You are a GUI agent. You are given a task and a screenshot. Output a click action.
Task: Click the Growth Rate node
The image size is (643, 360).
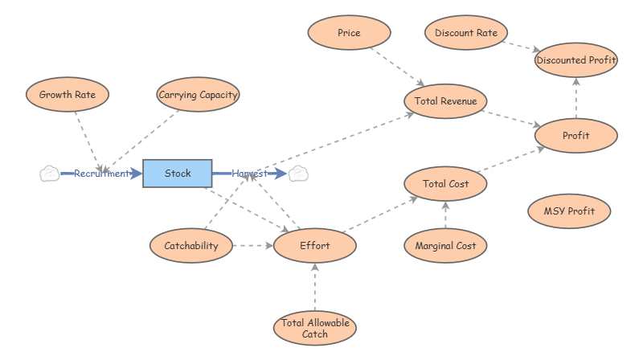point(68,95)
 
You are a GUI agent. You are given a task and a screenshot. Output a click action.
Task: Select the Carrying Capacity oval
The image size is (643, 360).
point(198,95)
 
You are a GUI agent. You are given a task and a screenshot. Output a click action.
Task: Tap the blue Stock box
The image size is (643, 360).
point(178,174)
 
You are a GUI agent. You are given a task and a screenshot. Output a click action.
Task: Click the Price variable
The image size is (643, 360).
point(349,34)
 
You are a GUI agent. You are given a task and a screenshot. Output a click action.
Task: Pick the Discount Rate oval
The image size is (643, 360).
point(465,34)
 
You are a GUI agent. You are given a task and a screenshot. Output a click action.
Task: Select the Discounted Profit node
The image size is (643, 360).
point(575,60)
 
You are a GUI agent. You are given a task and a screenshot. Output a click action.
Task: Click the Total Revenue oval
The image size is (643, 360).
point(445,101)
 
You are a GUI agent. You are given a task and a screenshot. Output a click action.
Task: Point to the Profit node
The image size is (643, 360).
point(575,136)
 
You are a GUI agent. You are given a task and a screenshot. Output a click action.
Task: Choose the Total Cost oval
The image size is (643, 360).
point(445,184)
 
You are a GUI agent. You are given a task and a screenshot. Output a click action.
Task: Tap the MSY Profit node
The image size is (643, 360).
point(570,212)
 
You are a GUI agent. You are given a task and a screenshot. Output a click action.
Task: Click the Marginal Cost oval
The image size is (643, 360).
point(445,246)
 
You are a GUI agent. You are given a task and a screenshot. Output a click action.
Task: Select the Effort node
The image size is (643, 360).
point(314,246)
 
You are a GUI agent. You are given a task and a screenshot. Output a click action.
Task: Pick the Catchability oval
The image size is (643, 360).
point(191,246)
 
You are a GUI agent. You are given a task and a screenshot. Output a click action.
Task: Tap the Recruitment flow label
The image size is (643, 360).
point(101,174)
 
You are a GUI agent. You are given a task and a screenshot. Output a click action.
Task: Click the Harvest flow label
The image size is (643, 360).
point(249,174)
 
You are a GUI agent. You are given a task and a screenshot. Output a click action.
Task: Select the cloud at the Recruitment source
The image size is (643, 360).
point(49,174)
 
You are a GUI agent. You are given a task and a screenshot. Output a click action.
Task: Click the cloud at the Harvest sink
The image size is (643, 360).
point(300,174)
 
